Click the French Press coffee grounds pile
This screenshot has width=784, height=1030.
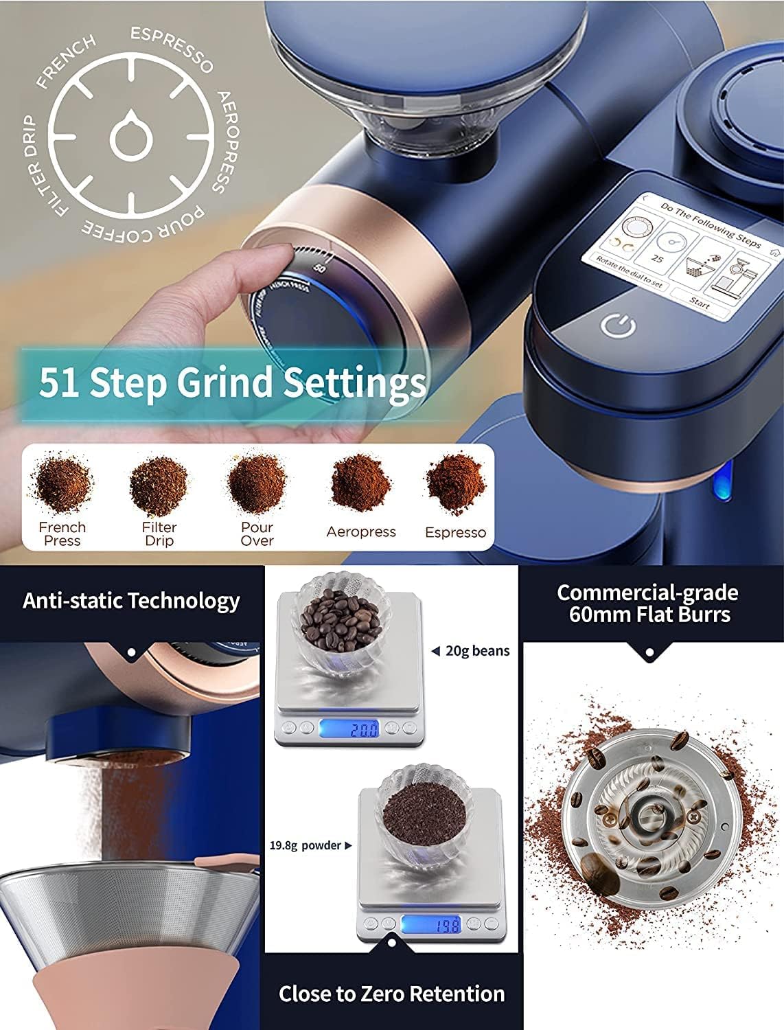pyautogui.click(x=62, y=483)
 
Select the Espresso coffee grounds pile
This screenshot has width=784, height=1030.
pyautogui.click(x=456, y=483)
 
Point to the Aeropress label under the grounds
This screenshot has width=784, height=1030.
pyautogui.click(x=361, y=531)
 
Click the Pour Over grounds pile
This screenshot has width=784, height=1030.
pyautogui.click(x=257, y=483)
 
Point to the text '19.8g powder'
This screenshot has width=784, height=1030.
pyautogui.click(x=305, y=845)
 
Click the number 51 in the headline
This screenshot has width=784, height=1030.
pyautogui.click(x=59, y=382)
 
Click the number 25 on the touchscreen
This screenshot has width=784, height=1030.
pyautogui.click(x=657, y=260)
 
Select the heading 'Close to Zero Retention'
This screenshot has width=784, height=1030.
pyautogui.click(x=391, y=994)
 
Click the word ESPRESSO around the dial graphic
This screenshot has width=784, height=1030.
pyautogui.click(x=172, y=48)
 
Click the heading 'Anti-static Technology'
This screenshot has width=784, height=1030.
pyautogui.click(x=131, y=601)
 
